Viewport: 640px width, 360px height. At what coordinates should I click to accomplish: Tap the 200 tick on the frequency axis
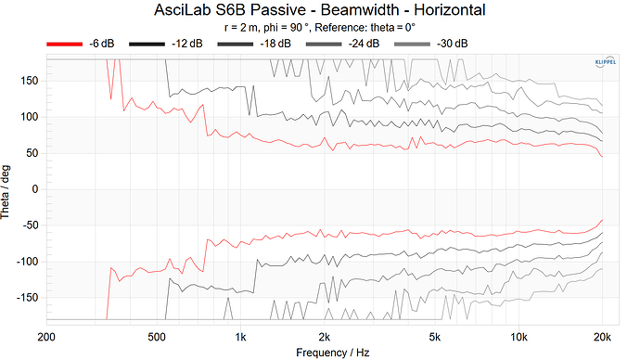[44, 336]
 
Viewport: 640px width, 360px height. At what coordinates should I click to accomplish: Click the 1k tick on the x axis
[241, 336]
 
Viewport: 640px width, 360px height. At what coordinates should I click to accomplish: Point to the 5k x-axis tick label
[434, 336]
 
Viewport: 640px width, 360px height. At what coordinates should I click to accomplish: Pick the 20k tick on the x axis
[602, 336]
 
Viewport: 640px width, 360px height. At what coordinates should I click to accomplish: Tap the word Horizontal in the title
[442, 10]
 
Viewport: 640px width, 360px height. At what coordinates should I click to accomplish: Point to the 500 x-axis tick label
[157, 336]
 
